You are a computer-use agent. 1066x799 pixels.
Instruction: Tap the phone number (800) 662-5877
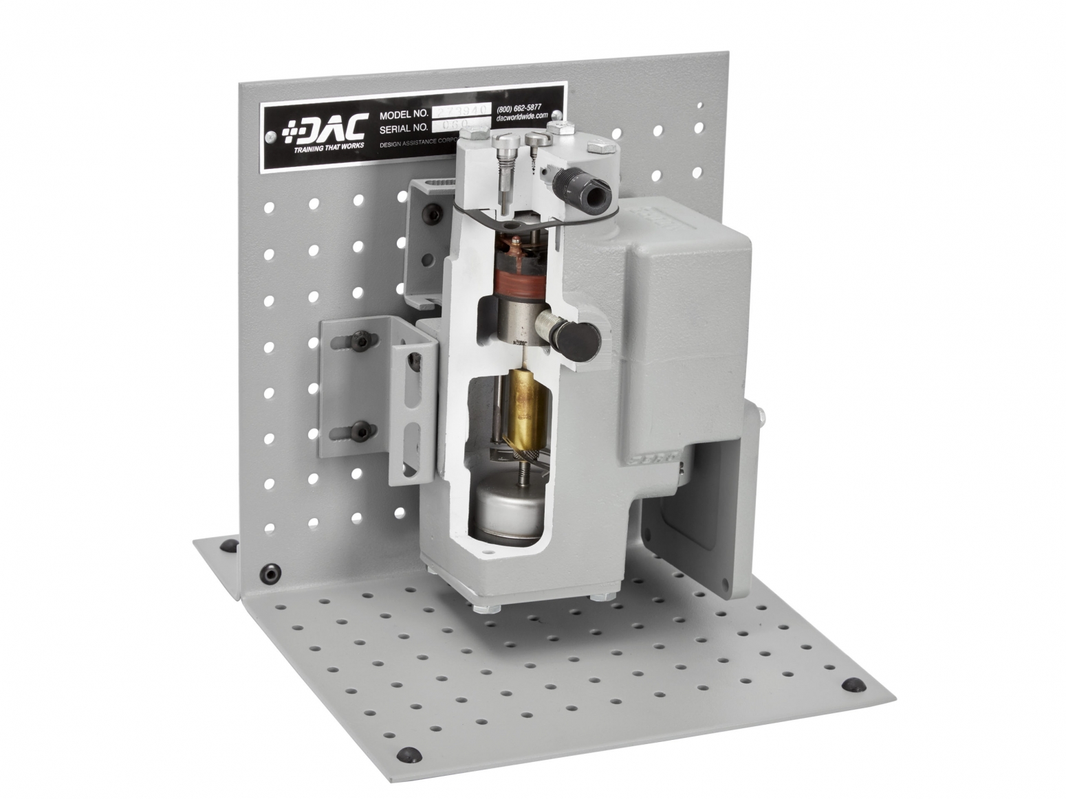point(519,107)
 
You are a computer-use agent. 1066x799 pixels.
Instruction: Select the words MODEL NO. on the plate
point(404,114)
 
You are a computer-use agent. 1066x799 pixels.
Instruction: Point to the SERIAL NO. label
point(404,128)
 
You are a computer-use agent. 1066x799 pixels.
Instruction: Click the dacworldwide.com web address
point(521,117)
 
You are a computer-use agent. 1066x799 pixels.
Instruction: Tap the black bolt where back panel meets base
point(272,572)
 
